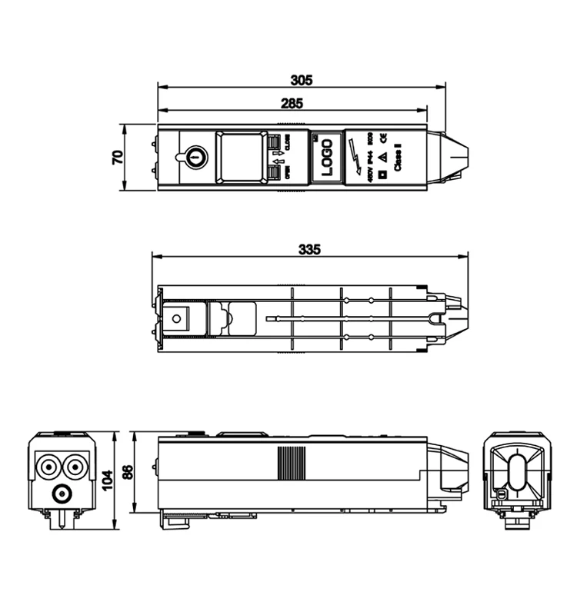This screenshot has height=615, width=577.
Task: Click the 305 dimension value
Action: tap(302, 79)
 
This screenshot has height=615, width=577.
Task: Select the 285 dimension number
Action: tap(292, 102)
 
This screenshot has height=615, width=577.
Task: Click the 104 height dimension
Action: tap(108, 480)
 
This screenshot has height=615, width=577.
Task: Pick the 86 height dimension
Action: tap(128, 474)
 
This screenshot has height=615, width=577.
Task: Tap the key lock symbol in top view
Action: tap(196, 156)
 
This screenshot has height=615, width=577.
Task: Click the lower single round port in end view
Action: tap(61, 493)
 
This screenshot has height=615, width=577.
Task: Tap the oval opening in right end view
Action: tap(518, 472)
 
